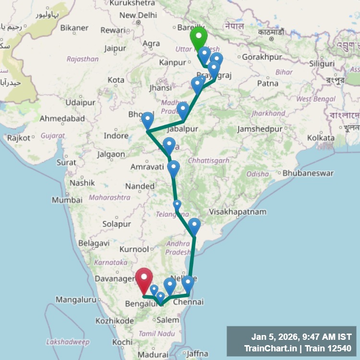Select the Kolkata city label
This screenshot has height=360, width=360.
click(321, 138)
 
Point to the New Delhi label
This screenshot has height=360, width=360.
click(138, 15)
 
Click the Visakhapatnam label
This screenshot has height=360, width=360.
click(237, 212)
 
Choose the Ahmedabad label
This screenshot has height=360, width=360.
click(62, 119)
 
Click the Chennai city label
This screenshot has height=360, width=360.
click(188, 302)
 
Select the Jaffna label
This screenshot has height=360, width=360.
click(197, 354)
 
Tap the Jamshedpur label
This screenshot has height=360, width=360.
click(259, 130)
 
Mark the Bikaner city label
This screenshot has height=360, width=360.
click(74, 28)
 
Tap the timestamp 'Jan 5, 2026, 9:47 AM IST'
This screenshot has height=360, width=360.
click(301, 337)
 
